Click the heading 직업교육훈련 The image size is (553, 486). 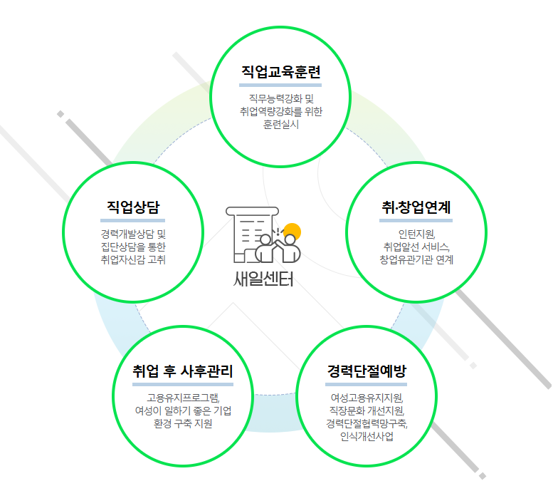[281, 73]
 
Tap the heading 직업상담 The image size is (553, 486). [133, 207]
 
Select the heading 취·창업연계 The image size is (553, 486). [416, 207]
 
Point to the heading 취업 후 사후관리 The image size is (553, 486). [183, 371]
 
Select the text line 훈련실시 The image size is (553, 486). [281, 124]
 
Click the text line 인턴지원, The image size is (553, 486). [416, 233]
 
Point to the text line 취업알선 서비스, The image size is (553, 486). [416, 246]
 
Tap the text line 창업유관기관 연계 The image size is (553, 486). [416, 259]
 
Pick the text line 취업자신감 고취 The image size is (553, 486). [133, 259]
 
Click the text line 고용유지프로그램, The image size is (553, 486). [183, 397]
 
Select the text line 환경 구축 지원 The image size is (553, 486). [183, 423]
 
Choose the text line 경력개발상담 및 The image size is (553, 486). [133, 233]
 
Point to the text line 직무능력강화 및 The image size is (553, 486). [281, 98]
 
